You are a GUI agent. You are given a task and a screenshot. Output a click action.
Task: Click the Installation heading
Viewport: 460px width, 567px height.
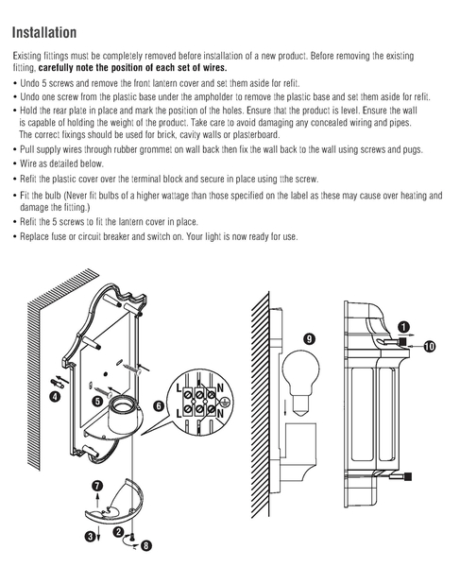click(44, 32)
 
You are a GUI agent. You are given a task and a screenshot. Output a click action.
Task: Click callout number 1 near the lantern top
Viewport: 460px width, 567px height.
click(403, 327)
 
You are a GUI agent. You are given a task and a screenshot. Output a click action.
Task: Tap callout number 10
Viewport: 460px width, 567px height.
click(430, 347)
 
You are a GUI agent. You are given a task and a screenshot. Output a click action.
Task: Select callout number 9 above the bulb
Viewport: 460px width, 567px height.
click(309, 339)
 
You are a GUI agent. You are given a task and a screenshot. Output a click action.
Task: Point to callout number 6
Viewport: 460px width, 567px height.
click(159, 406)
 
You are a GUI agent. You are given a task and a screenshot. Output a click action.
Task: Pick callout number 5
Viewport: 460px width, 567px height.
click(97, 401)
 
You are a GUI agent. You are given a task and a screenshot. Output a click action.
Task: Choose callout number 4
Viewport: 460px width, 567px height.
click(55, 397)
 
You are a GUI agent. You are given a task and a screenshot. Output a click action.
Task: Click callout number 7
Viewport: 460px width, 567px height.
click(97, 487)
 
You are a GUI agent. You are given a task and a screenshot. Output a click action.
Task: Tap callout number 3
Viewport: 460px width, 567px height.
click(90, 536)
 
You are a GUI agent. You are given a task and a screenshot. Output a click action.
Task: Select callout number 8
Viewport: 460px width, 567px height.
click(145, 545)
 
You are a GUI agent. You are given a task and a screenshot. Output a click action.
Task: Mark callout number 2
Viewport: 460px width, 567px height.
click(118, 532)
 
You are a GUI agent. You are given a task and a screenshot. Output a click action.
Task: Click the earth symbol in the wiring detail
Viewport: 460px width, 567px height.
click(225, 401)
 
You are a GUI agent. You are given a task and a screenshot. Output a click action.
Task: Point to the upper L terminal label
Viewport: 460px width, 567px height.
click(179, 388)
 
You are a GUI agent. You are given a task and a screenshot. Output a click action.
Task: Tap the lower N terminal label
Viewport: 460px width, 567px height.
click(220, 413)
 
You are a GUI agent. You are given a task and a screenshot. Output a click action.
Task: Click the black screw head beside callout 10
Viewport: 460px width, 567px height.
click(401, 342)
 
